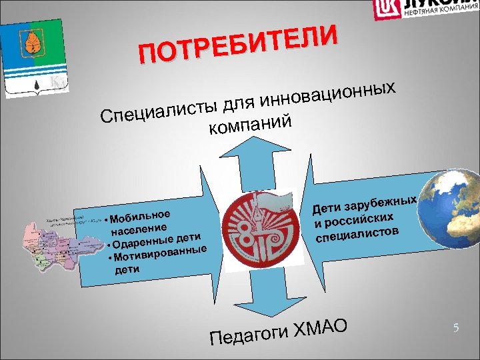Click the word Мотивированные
(160, 253)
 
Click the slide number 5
(455, 327)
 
